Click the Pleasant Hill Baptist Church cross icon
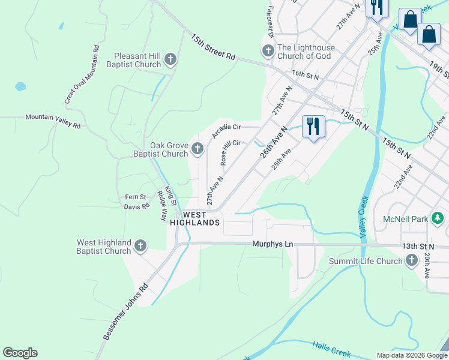tap(170, 59)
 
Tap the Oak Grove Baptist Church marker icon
tap(197, 148)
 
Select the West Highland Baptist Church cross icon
tap(140, 245)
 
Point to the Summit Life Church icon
tap(412, 260)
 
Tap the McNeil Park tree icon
tap(438, 218)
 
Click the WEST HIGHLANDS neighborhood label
tap(195, 218)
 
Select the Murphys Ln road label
tap(273, 245)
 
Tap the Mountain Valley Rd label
tap(53, 121)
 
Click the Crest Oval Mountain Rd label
tap(82, 74)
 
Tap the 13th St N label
tap(418, 247)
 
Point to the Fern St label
tap(135, 197)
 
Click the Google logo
tap(20, 353)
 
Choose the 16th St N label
tap(306, 74)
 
